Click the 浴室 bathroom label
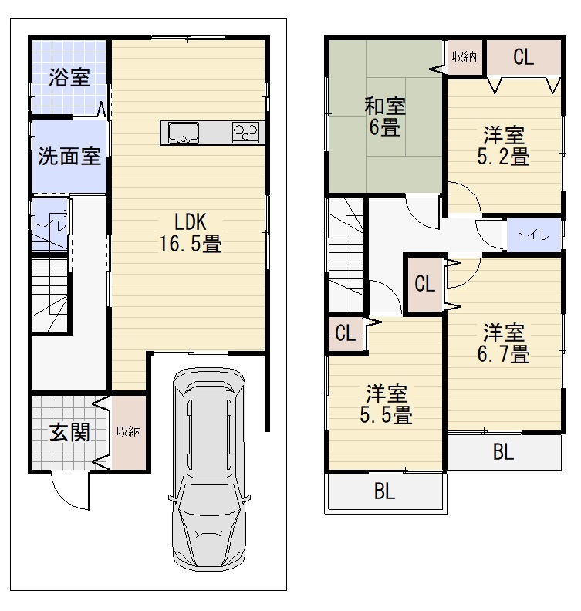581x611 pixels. coord(69,77)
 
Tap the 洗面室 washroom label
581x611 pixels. coord(69,156)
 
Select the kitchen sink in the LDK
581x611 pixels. coord(184,133)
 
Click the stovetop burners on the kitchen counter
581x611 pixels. coord(245,133)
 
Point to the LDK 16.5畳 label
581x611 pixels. coord(191,233)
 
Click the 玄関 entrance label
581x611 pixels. coord(69,432)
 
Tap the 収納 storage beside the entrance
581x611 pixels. coord(129,432)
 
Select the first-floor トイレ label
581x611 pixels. coord(49,224)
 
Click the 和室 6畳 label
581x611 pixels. coord(385,116)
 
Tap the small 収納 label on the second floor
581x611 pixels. coord(464,57)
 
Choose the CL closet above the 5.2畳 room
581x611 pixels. coord(523,57)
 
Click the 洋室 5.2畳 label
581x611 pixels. coord(503,146)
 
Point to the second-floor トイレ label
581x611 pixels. coord(533,235)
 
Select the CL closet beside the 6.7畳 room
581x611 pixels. coord(424,283)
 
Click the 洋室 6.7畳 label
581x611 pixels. coord(503,343)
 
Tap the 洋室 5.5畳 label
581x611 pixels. coord(386,404)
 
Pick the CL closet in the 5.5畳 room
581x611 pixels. coord(345,334)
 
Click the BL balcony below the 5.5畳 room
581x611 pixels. coord(385,491)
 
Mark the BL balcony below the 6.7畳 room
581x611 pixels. coord(503,452)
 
